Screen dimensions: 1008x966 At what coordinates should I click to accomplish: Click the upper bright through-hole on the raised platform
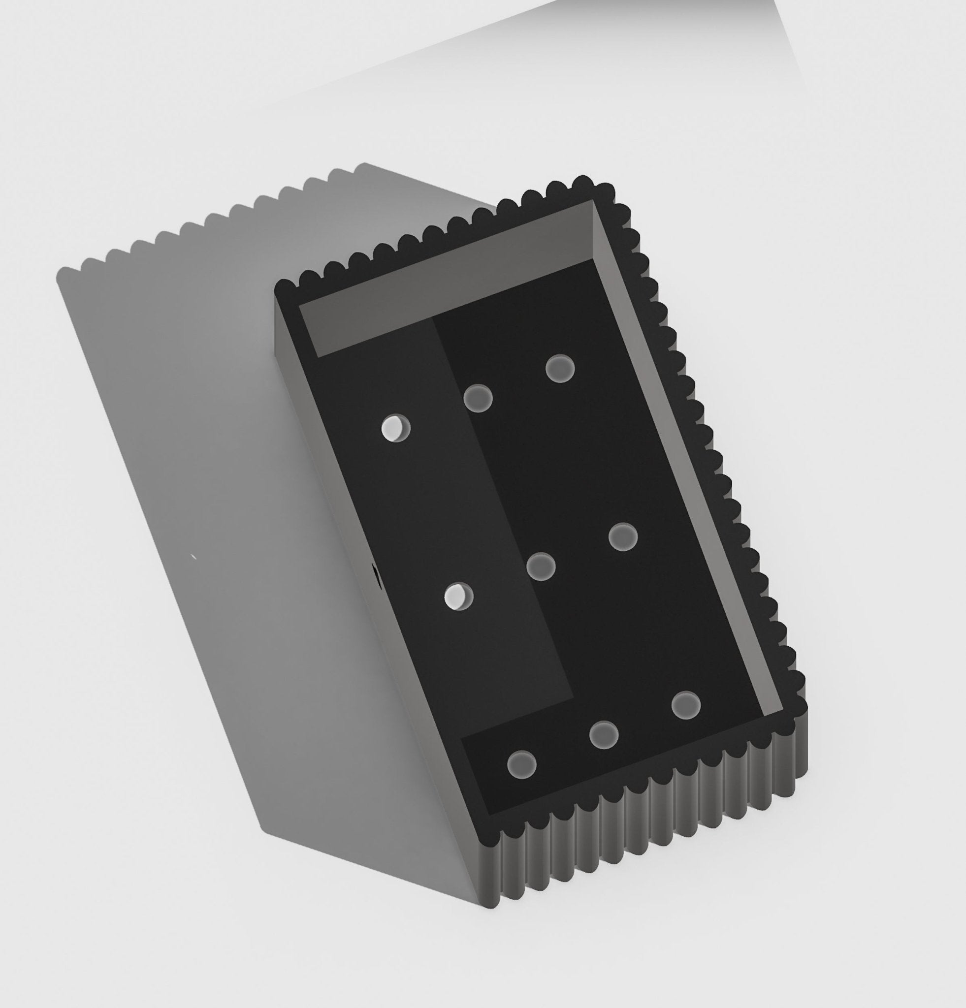click(x=395, y=428)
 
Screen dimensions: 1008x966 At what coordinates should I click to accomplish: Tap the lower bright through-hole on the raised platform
click(x=458, y=596)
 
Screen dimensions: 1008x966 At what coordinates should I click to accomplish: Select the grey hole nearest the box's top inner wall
click(x=560, y=368)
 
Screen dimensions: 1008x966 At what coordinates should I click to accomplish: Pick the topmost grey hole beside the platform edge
click(x=478, y=398)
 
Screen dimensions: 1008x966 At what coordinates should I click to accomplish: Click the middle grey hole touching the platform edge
click(x=541, y=566)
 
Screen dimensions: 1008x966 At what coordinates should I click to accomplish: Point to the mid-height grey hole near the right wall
click(x=623, y=537)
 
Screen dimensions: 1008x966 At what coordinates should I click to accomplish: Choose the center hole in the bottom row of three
click(x=604, y=735)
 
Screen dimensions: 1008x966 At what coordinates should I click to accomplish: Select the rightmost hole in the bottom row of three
click(x=686, y=705)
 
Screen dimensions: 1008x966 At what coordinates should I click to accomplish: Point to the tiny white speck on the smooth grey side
click(x=193, y=556)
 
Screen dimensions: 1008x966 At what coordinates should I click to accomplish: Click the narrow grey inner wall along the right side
click(x=689, y=463)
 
